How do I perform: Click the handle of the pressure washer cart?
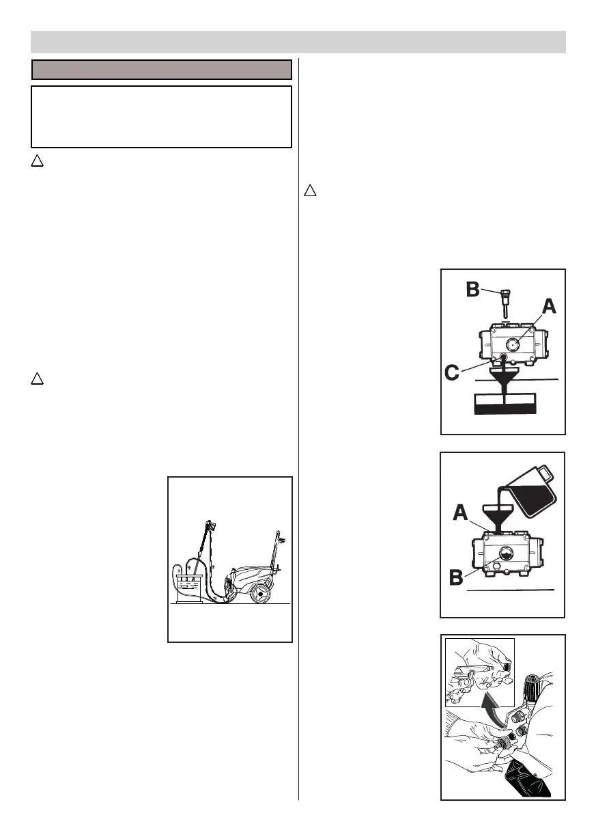point(279,547)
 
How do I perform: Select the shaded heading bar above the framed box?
point(162,70)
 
